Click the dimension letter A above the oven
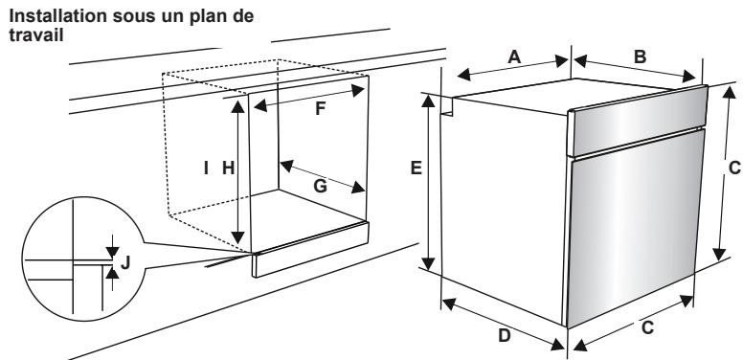coord(513,57)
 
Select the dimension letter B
coord(639,56)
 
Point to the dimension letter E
coord(416,169)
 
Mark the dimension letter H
coord(228,168)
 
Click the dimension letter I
coord(205,168)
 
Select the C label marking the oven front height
coord(733,168)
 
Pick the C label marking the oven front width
coord(646,327)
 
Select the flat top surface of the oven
coord(565,94)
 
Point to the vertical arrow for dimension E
coord(429,182)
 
